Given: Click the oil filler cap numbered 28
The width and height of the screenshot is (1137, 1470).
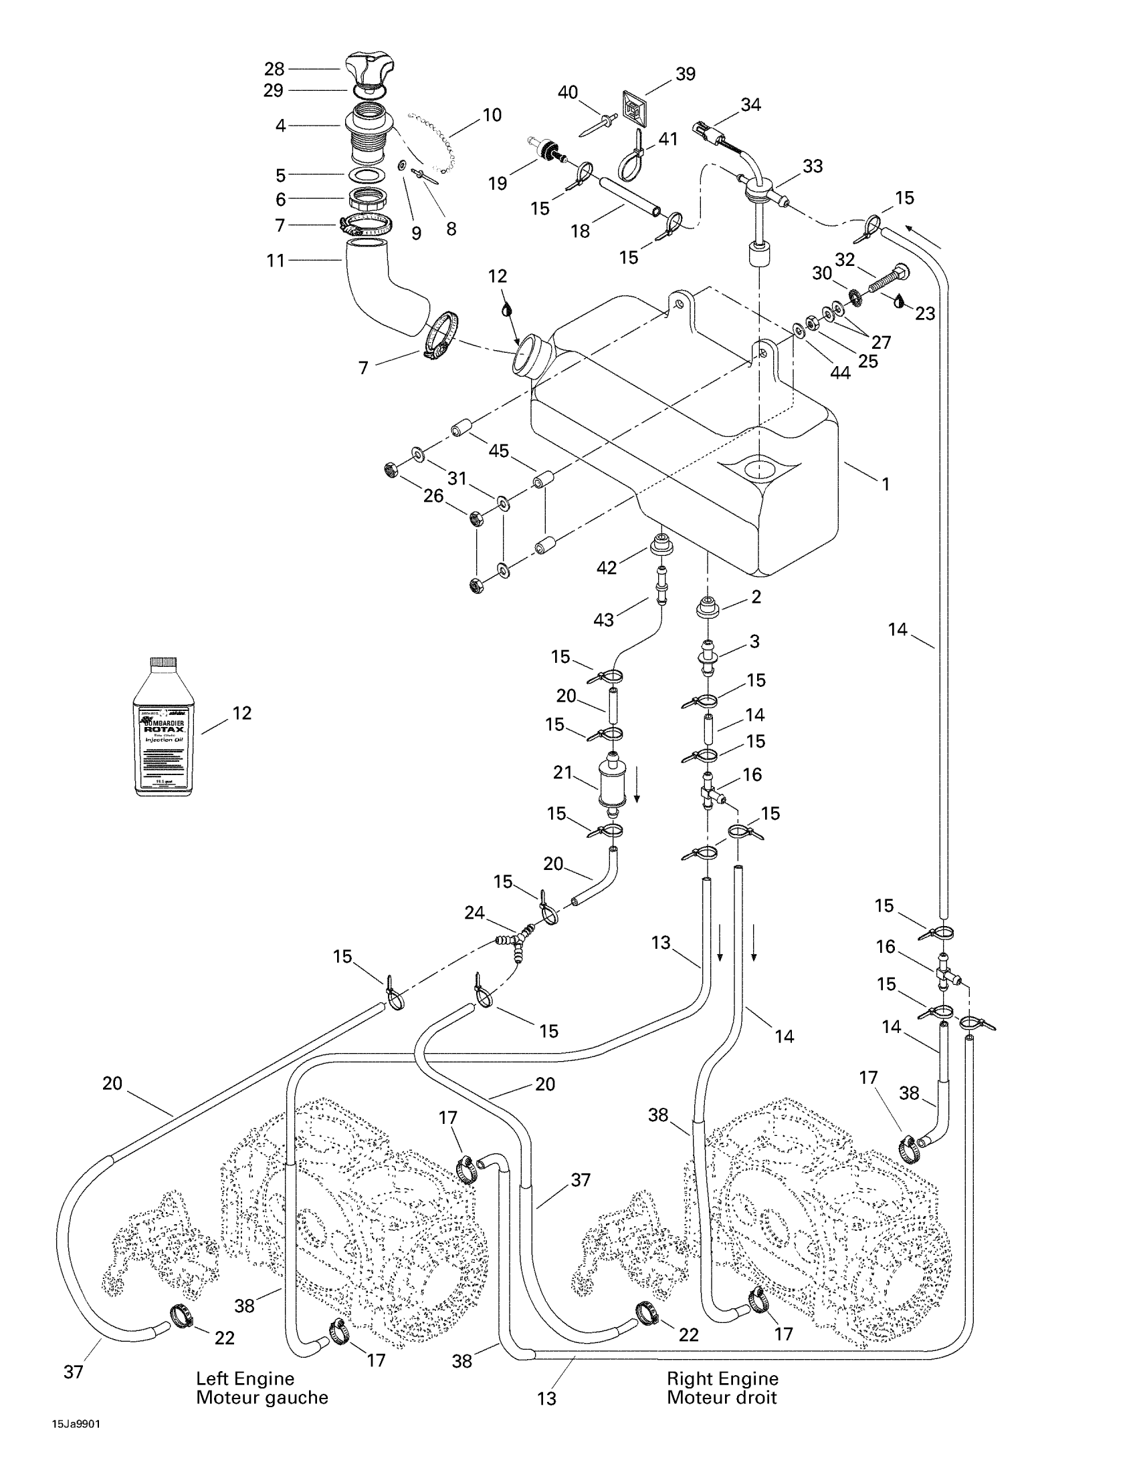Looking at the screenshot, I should click(370, 72).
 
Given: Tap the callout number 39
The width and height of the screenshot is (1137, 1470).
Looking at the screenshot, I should click(685, 74).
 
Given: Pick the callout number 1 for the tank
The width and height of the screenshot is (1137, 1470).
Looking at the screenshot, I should click(886, 484).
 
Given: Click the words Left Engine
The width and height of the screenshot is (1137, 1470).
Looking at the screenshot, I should click(245, 1378).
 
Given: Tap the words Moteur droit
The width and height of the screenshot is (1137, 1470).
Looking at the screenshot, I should click(722, 1397).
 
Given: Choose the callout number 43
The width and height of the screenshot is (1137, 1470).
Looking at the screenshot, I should click(603, 619).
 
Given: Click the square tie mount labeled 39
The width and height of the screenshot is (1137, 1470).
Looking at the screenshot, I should click(629, 107).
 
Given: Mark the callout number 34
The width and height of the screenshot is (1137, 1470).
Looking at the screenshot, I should click(750, 105).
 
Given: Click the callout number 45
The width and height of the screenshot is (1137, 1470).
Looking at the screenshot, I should click(498, 450).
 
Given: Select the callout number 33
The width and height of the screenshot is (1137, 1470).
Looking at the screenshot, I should click(813, 166).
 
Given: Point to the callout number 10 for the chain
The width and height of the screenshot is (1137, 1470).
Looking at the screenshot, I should click(492, 115).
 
